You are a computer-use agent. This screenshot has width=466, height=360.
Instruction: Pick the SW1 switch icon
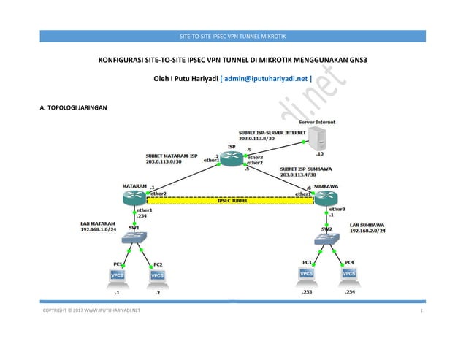[134, 237]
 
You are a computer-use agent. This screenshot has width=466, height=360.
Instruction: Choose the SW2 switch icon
[326, 238]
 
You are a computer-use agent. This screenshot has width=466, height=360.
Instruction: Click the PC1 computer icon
[115, 275]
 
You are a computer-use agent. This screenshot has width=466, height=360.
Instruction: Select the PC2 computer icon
[157, 275]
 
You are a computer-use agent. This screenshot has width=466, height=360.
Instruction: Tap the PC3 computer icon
[307, 275]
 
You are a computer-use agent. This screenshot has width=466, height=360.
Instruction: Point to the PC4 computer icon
[350, 275]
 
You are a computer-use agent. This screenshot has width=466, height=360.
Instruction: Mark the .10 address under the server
[319, 154]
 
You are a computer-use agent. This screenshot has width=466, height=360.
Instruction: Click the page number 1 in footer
[422, 311]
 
